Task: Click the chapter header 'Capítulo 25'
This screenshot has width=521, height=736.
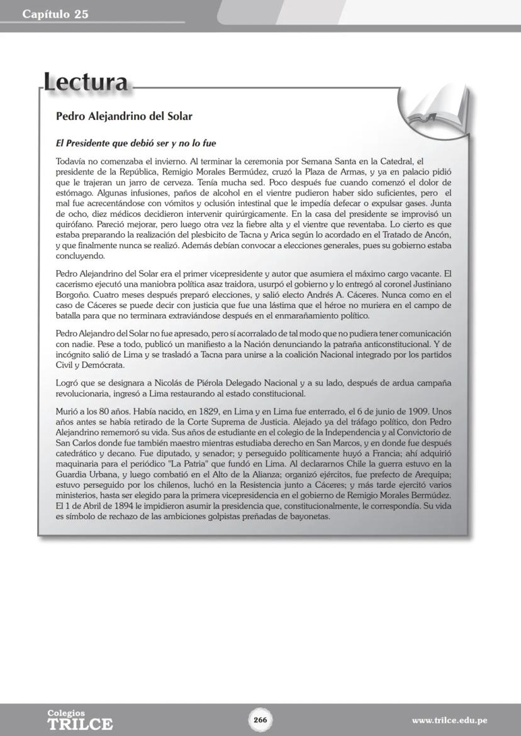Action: [x=55, y=14]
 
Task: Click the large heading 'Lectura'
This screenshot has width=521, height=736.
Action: [x=86, y=82]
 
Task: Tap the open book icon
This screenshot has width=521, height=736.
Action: [x=437, y=106]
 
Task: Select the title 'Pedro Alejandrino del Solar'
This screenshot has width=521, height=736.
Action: [x=124, y=116]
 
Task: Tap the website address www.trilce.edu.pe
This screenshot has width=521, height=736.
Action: [x=449, y=720]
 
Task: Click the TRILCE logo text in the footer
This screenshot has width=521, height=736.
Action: [x=80, y=724]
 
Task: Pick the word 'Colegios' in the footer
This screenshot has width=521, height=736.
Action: [x=66, y=713]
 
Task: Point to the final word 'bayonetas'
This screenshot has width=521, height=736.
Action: [x=308, y=517]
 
